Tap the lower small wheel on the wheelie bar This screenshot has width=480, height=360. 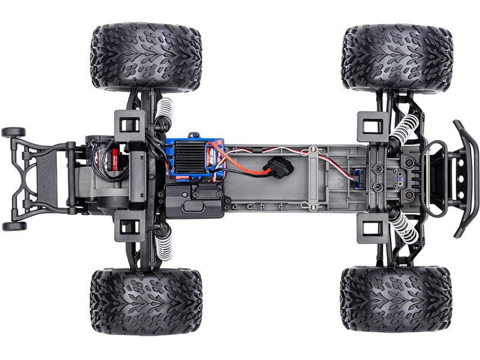click(13, 226)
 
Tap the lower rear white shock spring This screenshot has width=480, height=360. click(164, 245)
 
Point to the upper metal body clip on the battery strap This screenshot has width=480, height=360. click(311, 149)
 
